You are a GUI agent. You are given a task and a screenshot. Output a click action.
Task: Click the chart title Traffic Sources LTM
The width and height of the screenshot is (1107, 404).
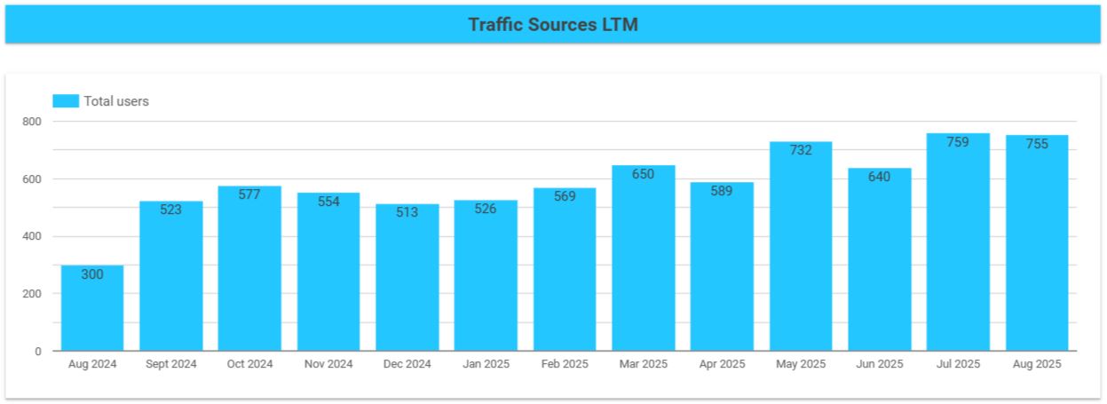point(552,24)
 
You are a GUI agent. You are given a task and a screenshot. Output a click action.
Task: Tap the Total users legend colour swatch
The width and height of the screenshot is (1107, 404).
point(66,101)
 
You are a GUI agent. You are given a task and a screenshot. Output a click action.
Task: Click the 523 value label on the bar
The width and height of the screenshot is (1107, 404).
point(170,210)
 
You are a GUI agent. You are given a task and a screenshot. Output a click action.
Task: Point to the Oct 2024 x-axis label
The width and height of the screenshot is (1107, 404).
point(249,364)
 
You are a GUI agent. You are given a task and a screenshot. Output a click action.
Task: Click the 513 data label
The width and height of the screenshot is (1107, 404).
point(407,213)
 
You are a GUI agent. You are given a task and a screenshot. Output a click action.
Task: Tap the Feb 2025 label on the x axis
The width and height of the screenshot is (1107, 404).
point(564,364)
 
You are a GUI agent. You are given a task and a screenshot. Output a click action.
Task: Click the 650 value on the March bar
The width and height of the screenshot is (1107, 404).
point(643,174)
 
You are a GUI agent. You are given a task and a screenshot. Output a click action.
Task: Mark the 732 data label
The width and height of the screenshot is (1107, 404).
point(800,150)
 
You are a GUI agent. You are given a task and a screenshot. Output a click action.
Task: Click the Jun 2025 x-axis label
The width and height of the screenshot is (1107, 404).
point(879,364)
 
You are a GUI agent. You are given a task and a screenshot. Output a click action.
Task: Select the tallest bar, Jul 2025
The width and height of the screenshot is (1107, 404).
point(958,249)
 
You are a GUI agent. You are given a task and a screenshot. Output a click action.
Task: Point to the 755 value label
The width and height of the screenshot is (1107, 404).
point(1036,144)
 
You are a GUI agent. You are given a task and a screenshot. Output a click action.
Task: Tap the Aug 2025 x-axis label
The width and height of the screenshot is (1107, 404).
point(1036,364)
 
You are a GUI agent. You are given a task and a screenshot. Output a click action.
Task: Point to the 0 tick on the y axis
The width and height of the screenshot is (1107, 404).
point(38,352)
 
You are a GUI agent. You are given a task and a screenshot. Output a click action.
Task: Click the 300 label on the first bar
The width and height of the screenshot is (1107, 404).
point(92,274)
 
